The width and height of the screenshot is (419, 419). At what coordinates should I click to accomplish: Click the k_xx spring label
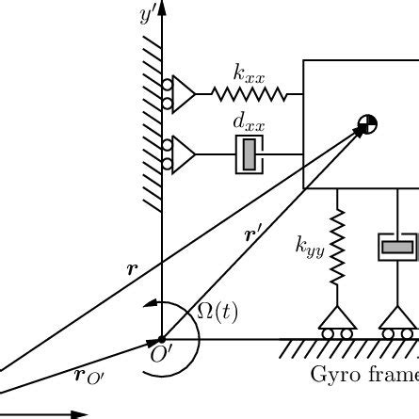pyautogui.click(x=250, y=73)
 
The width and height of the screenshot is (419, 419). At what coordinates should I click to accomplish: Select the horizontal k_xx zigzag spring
pyautogui.click(x=250, y=94)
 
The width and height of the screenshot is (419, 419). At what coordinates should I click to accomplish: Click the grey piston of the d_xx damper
pyautogui.click(x=250, y=154)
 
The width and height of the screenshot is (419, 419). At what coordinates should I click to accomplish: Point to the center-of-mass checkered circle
pyautogui.click(x=367, y=124)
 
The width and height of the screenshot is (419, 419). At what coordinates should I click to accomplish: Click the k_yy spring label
pyautogui.click(x=310, y=247)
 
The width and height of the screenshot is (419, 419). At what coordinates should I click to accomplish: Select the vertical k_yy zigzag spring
pyautogui.click(x=337, y=248)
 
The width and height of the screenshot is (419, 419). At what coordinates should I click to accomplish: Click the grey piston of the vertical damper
pyautogui.click(x=397, y=247)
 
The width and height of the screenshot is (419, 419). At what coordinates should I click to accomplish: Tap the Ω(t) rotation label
pyautogui.click(x=218, y=313)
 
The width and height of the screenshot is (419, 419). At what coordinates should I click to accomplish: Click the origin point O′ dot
pyautogui.click(x=162, y=339)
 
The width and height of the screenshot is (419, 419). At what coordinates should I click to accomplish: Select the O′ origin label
pyautogui.click(x=161, y=354)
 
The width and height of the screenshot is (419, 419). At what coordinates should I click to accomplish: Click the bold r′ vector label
pyautogui.click(x=252, y=235)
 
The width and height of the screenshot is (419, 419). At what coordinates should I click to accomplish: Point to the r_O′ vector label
pyautogui.click(x=89, y=376)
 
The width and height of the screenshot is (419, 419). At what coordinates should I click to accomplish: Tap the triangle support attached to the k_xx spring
pyautogui.click(x=184, y=94)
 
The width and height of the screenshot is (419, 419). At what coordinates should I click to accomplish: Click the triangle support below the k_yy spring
pyautogui.click(x=337, y=317)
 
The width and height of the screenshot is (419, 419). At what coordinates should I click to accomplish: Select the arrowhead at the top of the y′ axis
pyautogui.click(x=162, y=8)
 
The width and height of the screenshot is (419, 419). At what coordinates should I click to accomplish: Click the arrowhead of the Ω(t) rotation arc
pyautogui.click(x=150, y=303)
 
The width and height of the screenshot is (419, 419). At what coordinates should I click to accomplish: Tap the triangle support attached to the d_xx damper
pyautogui.click(x=184, y=154)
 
